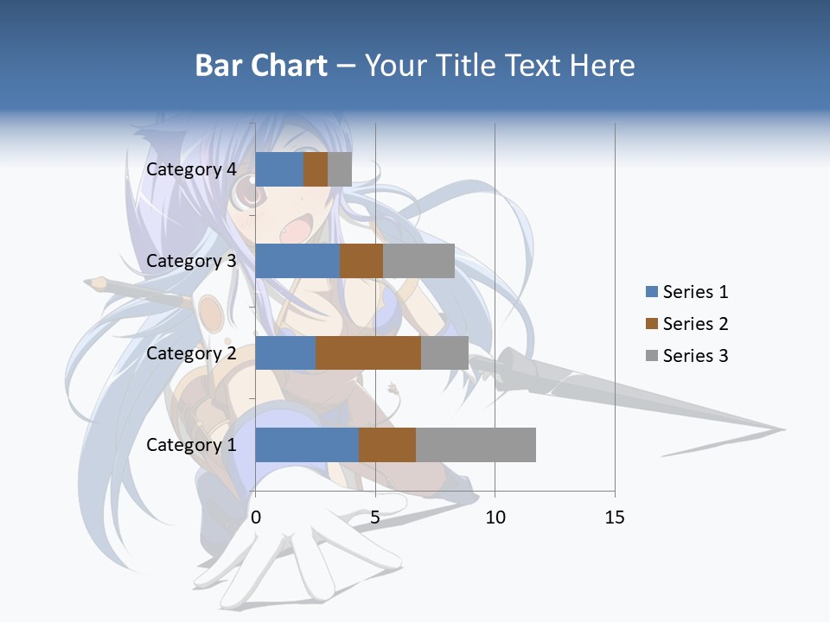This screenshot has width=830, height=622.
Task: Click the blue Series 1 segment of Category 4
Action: coord(279,169)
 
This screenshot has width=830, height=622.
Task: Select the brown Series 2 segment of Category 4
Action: coord(316,169)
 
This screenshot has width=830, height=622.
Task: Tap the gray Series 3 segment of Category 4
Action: coord(340,169)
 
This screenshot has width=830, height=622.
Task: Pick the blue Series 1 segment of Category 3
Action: coord(297,261)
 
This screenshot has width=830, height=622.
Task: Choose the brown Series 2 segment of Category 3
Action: coord(361,261)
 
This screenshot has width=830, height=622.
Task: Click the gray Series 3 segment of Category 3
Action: coord(418,261)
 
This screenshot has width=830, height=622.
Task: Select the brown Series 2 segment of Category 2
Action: coord(368,352)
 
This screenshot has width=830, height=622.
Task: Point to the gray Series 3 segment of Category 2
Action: coord(444,352)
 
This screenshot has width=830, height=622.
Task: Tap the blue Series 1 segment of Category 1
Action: coord(307,445)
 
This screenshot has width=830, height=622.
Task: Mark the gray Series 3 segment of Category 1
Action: coord(476,445)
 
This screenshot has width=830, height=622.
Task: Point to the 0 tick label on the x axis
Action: coord(256,517)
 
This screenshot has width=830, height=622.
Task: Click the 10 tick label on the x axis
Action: coord(495,517)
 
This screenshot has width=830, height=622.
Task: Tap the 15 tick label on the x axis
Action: coord(615,517)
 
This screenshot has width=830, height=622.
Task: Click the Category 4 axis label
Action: coord(191,169)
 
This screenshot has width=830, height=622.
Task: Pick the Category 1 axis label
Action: coord(191,445)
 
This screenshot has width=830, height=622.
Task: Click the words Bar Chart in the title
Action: coord(261,66)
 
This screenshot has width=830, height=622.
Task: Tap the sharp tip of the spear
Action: coord(783,429)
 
